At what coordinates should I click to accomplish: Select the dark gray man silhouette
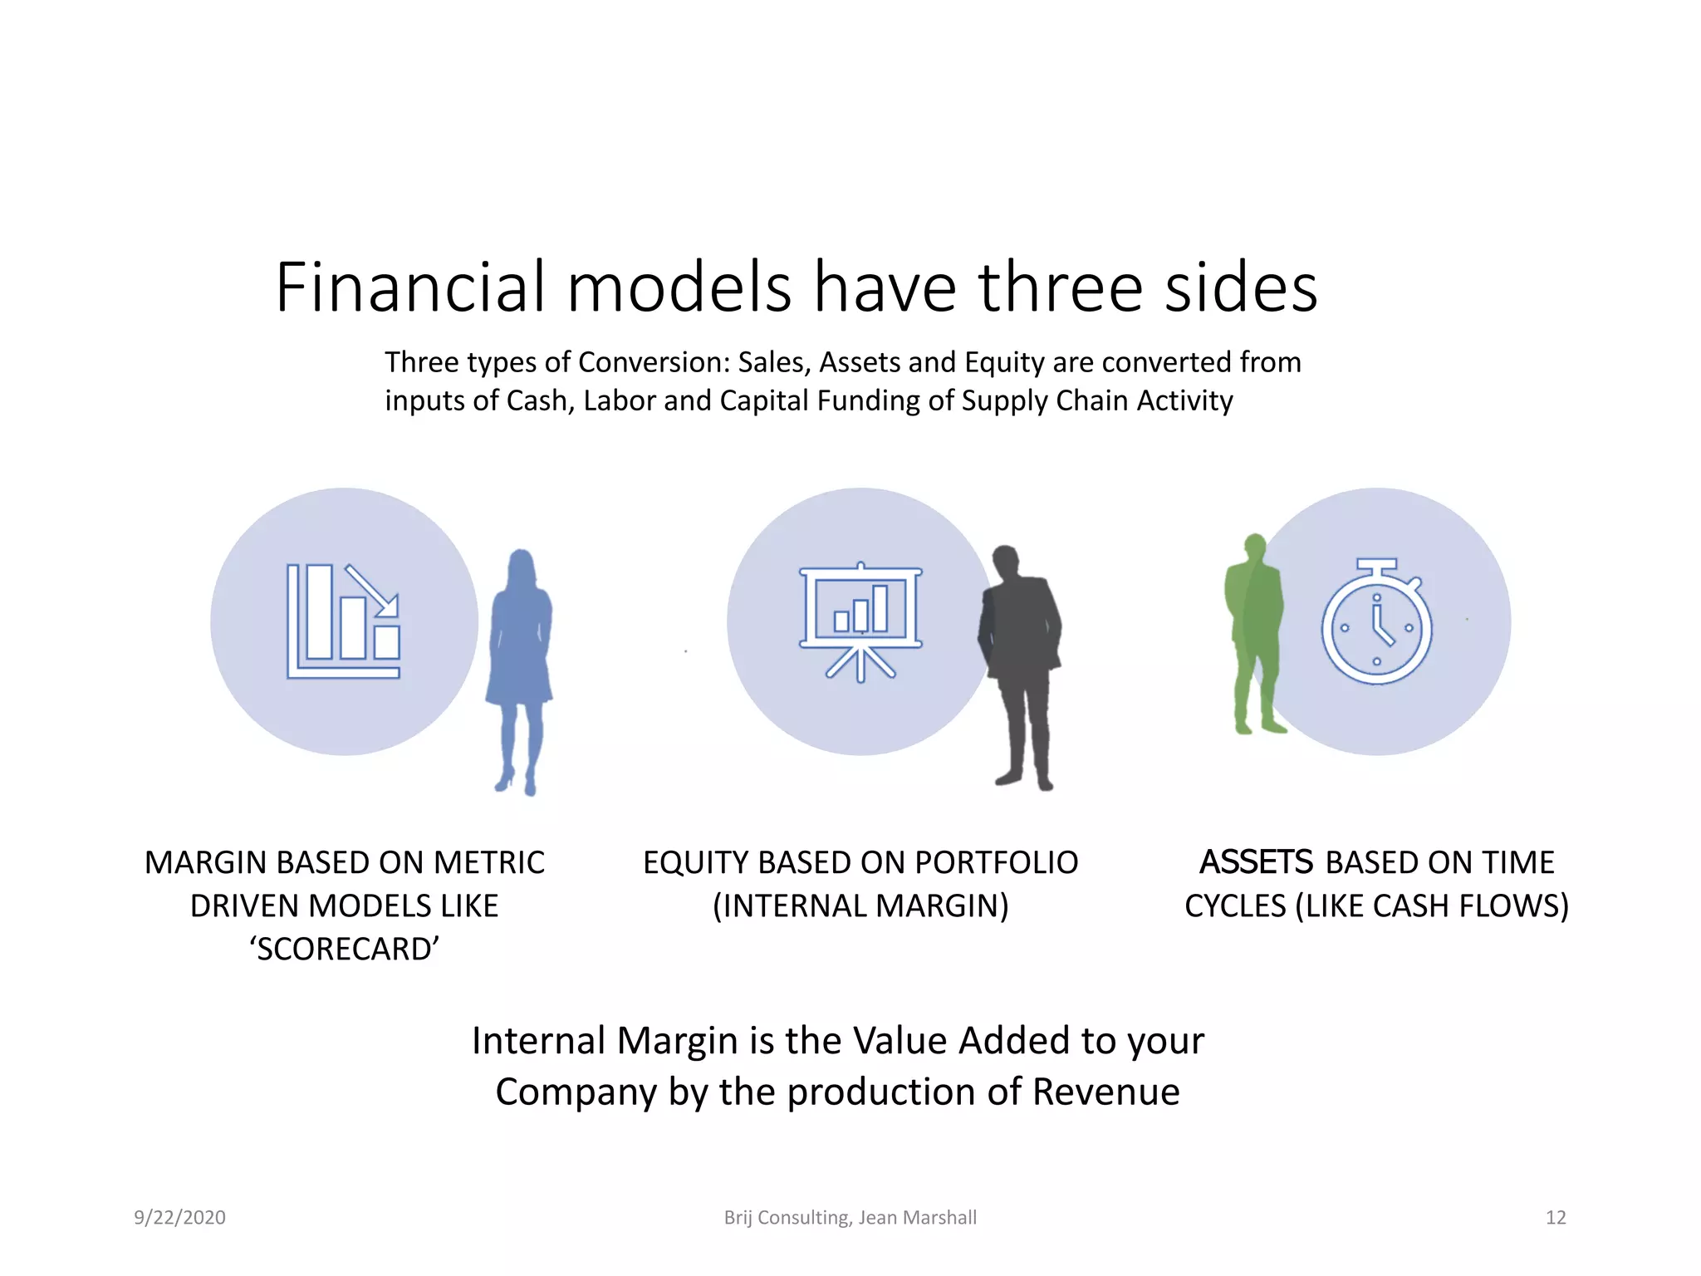pyautogui.click(x=1020, y=656)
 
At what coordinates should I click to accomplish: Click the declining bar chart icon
pyautogui.click(x=344, y=621)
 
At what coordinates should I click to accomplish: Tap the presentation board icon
pyautogui.click(x=860, y=621)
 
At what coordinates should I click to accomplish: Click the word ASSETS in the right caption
pyautogui.click(x=1256, y=862)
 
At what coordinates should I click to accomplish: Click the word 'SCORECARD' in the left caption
pyautogui.click(x=344, y=949)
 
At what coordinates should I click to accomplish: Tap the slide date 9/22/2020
pyautogui.click(x=179, y=1218)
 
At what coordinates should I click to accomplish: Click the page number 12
pyautogui.click(x=1555, y=1218)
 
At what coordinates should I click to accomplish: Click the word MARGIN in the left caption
pyautogui.click(x=204, y=862)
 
